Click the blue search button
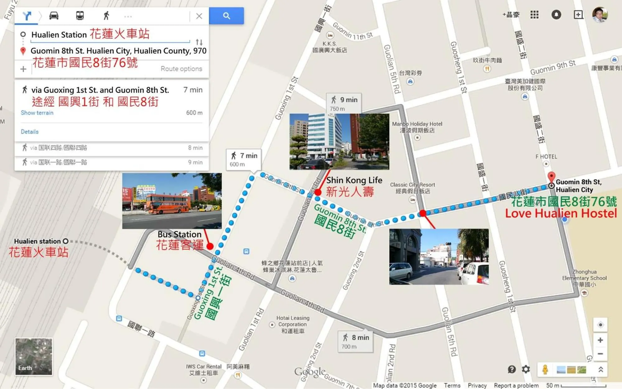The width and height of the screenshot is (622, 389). tap(226, 16)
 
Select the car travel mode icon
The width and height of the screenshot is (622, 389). tap(54, 16)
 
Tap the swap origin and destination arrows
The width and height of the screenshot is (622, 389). tap(199, 42)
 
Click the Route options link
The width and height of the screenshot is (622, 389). tap(181, 69)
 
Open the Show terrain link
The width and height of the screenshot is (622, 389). tap(37, 113)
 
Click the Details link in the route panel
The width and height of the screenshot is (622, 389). tap(30, 132)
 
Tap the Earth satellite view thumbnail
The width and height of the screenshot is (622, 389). tap(34, 356)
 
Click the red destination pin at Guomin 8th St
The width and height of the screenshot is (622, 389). tap(551, 177)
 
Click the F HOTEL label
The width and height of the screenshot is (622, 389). tap(546, 157)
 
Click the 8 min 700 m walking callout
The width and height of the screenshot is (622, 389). tap(355, 341)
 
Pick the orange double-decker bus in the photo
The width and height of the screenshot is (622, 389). tap(168, 204)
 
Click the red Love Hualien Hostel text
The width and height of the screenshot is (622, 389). tap(561, 213)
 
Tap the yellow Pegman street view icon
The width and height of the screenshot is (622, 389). tap(545, 369)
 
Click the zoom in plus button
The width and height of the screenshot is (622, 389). tap(600, 340)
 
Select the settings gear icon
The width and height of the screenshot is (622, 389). tap(526, 369)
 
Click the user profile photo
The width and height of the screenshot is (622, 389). tap(600, 15)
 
